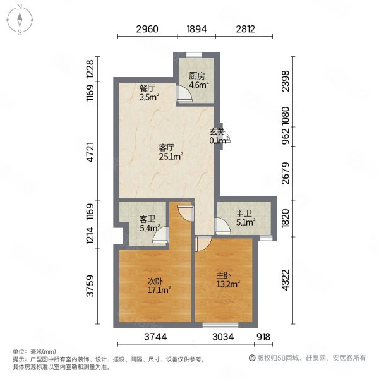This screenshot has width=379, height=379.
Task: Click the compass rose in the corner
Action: coord(20,20)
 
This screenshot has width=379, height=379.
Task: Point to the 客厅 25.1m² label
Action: coord(171,152)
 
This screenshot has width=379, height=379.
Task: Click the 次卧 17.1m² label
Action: coord(159,286)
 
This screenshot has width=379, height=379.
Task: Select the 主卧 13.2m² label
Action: coord(228,280)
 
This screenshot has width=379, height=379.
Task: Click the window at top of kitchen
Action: coord(194,56)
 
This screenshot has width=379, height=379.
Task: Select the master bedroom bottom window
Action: coord(220,325)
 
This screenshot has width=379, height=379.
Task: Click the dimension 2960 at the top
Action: coord(147,29)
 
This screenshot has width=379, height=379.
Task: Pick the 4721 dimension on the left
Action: coord(90,152)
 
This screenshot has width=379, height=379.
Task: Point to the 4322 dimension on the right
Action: coord(286,280)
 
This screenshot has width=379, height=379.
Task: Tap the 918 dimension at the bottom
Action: coord(263,337)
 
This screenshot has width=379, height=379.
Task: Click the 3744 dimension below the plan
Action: coord(155,337)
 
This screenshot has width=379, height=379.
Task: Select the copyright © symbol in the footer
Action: coord(252,358)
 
